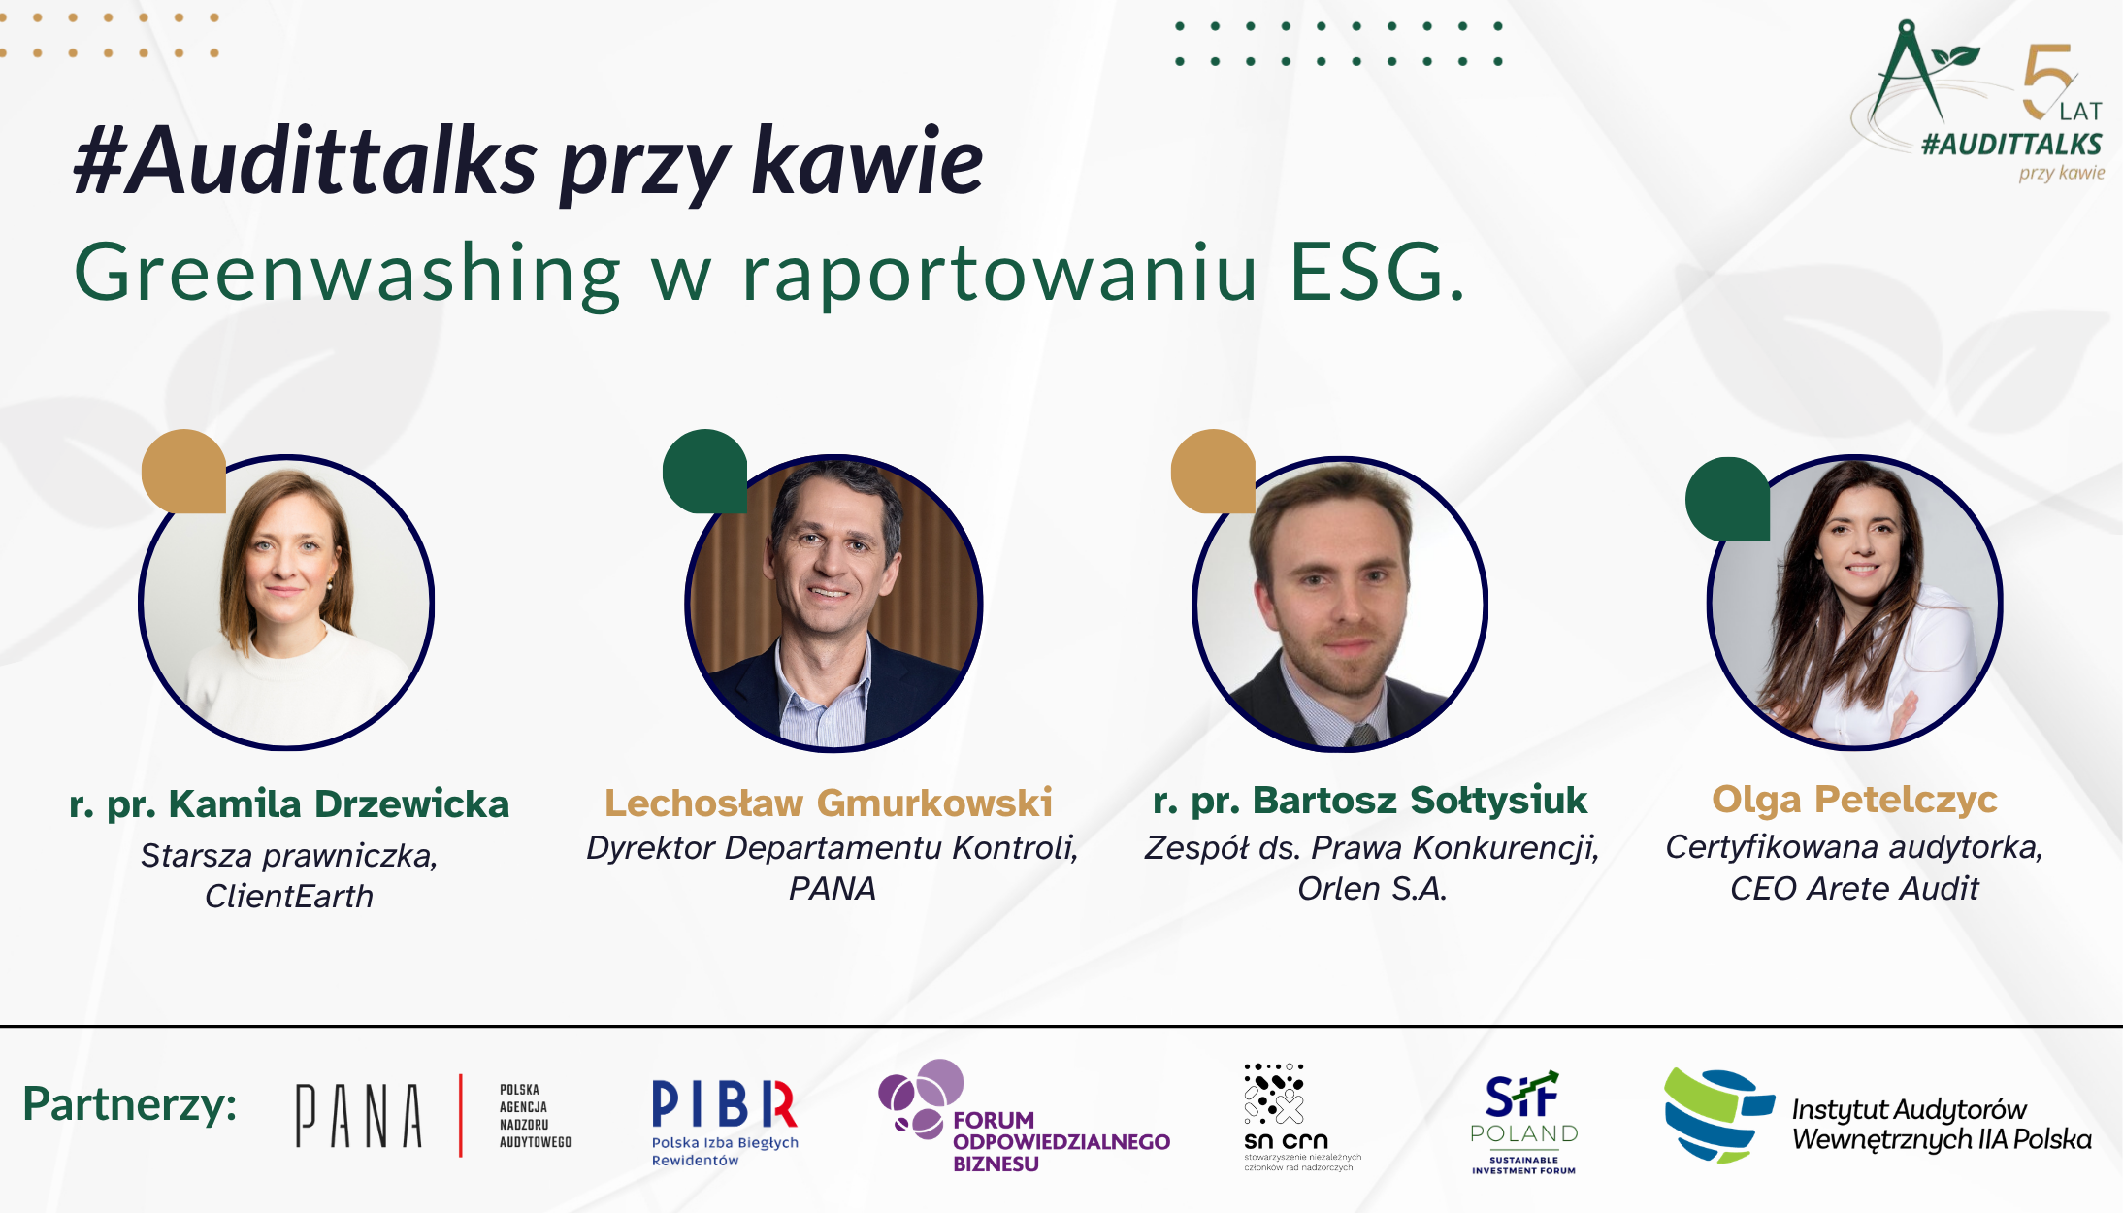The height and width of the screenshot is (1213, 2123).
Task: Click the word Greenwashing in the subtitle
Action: point(346,275)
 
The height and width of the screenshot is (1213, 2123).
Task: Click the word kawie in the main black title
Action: point(867,161)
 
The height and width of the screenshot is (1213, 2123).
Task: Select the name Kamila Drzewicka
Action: point(289,804)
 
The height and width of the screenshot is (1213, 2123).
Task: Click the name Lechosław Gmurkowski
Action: point(829,803)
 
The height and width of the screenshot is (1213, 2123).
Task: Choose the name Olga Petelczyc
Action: point(1854,800)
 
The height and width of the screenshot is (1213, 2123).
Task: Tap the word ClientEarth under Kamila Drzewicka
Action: point(289,896)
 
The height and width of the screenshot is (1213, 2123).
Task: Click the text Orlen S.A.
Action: point(1372,888)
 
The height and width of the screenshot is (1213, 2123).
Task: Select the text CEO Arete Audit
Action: point(1854,888)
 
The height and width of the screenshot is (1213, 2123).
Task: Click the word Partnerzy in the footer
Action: point(130,1104)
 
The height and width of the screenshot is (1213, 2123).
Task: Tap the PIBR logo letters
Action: point(724,1104)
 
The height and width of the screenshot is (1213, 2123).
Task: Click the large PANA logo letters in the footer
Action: point(359,1116)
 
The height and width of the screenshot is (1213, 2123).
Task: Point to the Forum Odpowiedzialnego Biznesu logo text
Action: point(1061,1142)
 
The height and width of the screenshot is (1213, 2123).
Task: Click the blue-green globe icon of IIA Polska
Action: point(1715,1115)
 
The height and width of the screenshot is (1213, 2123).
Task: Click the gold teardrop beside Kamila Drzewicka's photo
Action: point(183,472)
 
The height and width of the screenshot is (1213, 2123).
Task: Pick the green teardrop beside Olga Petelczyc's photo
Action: point(1727,499)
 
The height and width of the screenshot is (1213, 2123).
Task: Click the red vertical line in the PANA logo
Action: point(461,1115)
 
